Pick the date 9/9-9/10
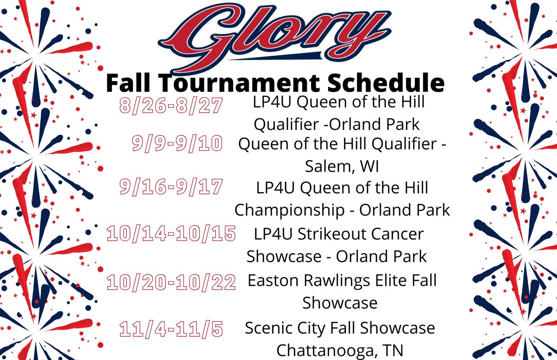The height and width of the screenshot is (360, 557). [178, 144]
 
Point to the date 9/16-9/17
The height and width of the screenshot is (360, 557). [171, 188]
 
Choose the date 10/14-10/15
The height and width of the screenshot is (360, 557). [171, 233]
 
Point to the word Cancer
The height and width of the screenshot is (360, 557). [398, 234]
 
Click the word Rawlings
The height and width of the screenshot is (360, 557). [328, 281]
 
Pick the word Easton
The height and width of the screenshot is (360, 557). [269, 281]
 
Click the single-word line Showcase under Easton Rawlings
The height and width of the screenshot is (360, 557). [340, 303]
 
